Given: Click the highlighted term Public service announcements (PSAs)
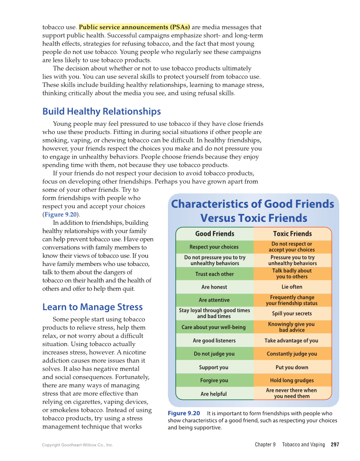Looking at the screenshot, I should [134, 27].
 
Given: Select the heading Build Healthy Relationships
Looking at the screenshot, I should [101, 112].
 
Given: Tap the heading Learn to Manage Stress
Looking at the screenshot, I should [92, 307].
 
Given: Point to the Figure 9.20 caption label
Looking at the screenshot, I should [184, 413].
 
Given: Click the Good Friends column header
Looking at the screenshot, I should [215, 234].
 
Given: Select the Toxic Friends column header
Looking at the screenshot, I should [292, 234].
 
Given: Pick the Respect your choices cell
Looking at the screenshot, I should [214, 247].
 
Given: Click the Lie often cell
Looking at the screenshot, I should [292, 287].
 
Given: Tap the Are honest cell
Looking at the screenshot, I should [214, 287].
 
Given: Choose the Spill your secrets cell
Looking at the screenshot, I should [292, 313].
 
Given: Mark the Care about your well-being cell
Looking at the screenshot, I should [214, 327].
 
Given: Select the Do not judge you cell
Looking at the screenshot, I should [214, 354].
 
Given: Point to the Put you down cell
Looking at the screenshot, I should [292, 367].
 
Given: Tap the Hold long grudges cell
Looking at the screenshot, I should [292, 380].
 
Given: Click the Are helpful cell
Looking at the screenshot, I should [214, 394].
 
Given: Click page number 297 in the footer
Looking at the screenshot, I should [335, 444].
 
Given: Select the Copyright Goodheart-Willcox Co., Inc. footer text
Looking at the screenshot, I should [78, 445].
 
